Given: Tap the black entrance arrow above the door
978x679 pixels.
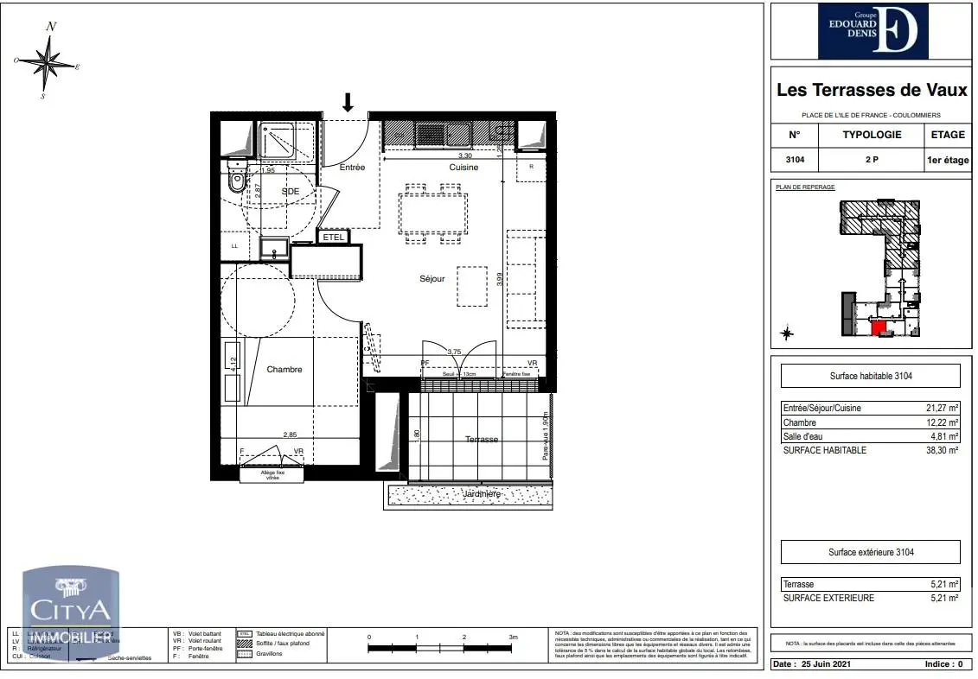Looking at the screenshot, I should [348, 103].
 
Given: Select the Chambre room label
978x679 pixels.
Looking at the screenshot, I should [284, 370].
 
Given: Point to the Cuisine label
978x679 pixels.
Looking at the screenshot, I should [463, 168].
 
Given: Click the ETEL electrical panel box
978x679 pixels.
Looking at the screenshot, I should [334, 237].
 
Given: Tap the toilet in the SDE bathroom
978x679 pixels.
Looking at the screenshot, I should [235, 179].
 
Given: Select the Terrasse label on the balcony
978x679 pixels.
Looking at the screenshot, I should [482, 439].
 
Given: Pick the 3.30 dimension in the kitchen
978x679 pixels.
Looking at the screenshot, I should [464, 155].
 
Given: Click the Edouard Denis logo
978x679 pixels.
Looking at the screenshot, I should [873, 31].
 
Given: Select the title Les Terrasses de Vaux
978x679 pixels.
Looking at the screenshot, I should [871, 90].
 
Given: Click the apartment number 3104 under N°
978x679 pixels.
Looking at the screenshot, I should [795, 160].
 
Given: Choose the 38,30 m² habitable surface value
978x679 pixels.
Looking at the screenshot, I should [943, 450].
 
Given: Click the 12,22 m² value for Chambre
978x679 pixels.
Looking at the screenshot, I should [943, 422].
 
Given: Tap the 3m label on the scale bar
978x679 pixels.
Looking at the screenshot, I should [514, 637].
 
